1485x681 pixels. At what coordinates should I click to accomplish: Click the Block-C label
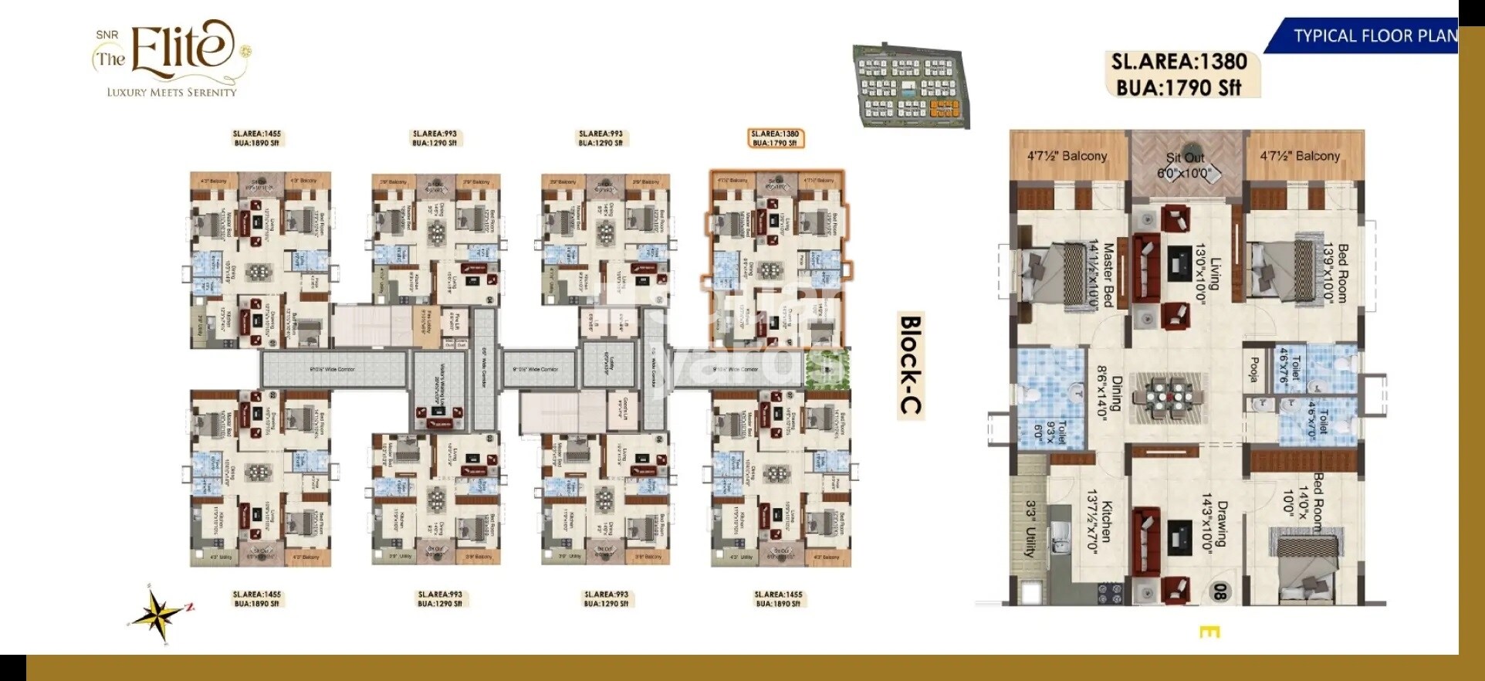pos(911,364)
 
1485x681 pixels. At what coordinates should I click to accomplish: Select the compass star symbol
pos(159,615)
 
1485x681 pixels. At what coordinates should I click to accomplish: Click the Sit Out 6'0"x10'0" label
pos(1185,165)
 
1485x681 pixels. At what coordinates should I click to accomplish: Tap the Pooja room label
pos(1254,369)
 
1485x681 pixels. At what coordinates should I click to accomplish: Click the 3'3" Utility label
pos(1030,529)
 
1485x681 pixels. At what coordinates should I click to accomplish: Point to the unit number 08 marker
pos(1219,591)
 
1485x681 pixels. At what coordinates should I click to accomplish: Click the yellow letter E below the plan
pos(1209,632)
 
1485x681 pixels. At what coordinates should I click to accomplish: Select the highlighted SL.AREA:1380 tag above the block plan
pos(776,138)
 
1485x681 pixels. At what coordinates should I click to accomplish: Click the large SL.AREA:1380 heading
pos(1179,62)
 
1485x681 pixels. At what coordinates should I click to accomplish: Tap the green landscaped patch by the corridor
pos(827,368)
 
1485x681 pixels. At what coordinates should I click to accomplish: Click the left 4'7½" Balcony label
pos(1067,156)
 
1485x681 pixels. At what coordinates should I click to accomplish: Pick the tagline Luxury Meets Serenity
pos(171,92)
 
